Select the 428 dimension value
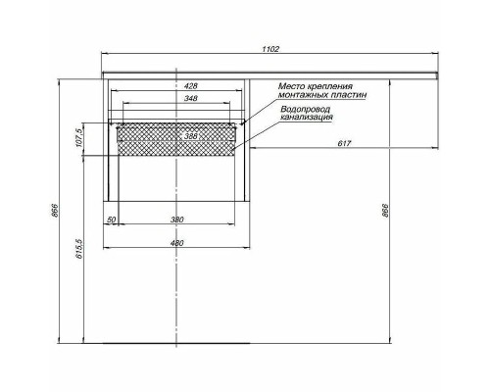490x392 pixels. click(x=177, y=86)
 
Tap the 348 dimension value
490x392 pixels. click(x=177, y=99)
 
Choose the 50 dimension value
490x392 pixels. click(x=112, y=220)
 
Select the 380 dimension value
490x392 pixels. click(x=177, y=220)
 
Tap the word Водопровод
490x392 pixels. click(x=304, y=110)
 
